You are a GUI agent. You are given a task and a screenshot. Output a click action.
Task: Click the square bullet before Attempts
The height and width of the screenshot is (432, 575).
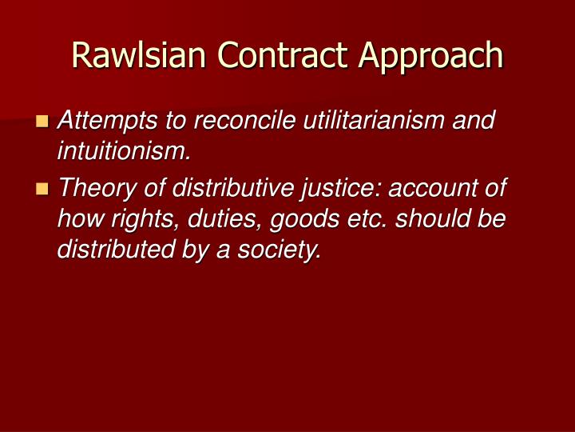[x=42, y=122]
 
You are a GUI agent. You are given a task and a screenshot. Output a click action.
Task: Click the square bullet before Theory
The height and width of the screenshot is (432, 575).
[x=42, y=190]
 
